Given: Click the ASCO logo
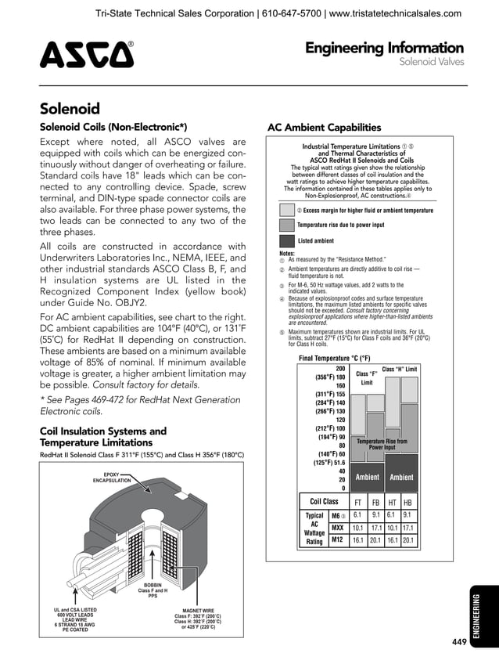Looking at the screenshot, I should point(86,55).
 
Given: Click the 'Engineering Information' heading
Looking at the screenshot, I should point(384,49).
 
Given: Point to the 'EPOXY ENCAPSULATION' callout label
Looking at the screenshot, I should point(112,477).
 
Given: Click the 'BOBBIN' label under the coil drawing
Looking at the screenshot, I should point(153,590).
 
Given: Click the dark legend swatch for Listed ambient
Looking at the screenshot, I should point(286,241).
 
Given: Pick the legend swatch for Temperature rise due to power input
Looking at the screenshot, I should point(286,225).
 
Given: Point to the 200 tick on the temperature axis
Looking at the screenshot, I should point(340,369).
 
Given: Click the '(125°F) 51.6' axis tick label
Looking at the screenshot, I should point(329,463).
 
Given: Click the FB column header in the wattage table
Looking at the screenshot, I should point(375,502).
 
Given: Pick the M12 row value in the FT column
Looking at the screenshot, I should point(357,539).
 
